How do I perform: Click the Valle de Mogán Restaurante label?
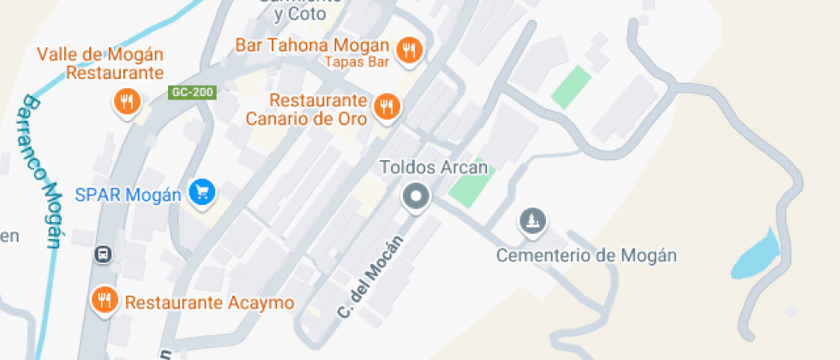[x=101, y=63]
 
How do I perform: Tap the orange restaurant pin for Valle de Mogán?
[x=127, y=102]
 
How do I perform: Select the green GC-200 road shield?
[x=191, y=91]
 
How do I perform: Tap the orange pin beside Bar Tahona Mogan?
[x=410, y=51]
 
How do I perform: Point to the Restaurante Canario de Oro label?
[x=307, y=109]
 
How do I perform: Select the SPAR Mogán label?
[x=128, y=195]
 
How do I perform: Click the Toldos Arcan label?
[x=434, y=168]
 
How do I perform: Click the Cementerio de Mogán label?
[x=587, y=255]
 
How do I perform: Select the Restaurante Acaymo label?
[x=209, y=303]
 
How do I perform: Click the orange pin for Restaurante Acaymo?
[x=105, y=300]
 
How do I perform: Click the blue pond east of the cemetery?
[x=758, y=254]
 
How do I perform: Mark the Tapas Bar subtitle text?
[x=358, y=62]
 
